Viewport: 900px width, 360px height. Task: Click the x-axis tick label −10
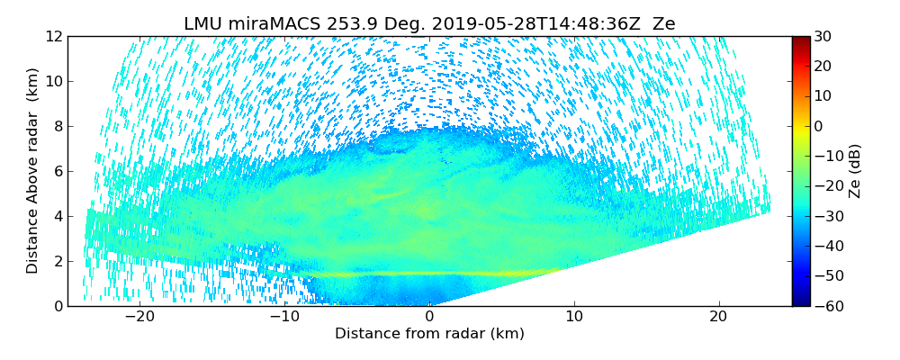[x=283, y=317]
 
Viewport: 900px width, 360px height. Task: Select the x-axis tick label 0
[x=429, y=317]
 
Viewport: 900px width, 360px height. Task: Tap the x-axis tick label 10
[x=573, y=317]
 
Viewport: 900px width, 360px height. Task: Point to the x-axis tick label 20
[x=718, y=317]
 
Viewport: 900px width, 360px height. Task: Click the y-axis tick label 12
[x=52, y=36]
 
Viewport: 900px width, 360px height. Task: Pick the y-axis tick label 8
[x=56, y=126]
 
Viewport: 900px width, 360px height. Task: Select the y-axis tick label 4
[x=56, y=216]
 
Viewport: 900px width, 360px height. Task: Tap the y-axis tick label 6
[x=56, y=171]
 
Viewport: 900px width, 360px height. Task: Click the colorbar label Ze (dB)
[x=856, y=171]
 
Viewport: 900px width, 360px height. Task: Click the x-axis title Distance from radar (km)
[x=429, y=334]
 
